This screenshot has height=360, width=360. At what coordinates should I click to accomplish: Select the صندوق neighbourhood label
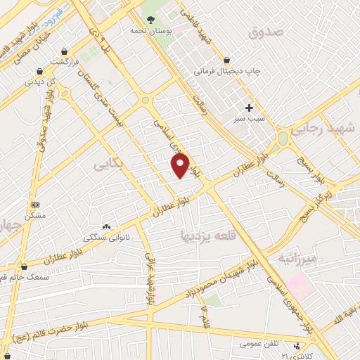(265, 32)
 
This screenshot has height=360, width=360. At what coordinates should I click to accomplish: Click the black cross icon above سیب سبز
(250, 108)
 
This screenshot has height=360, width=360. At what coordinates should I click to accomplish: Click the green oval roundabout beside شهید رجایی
(283, 139)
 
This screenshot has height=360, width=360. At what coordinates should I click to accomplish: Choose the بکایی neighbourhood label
(106, 165)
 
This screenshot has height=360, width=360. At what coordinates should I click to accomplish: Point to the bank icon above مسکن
(34, 205)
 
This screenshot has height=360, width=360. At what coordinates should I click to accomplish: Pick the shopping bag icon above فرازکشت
(64, 51)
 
